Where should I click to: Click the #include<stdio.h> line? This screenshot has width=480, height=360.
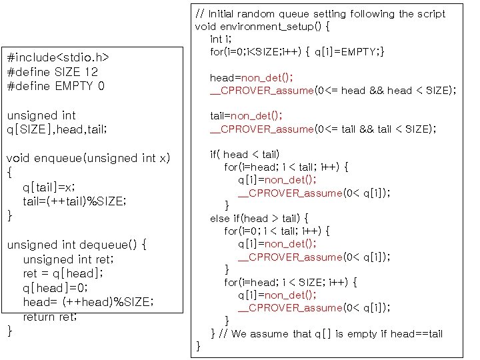(x=58, y=57)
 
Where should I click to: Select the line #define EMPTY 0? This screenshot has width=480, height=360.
(x=55, y=86)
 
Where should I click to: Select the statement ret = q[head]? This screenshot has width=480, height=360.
(x=63, y=273)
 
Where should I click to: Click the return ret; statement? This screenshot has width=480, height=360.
(x=50, y=317)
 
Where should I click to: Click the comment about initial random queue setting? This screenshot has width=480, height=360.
(x=320, y=13)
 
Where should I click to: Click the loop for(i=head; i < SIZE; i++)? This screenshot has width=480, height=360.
(x=291, y=282)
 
